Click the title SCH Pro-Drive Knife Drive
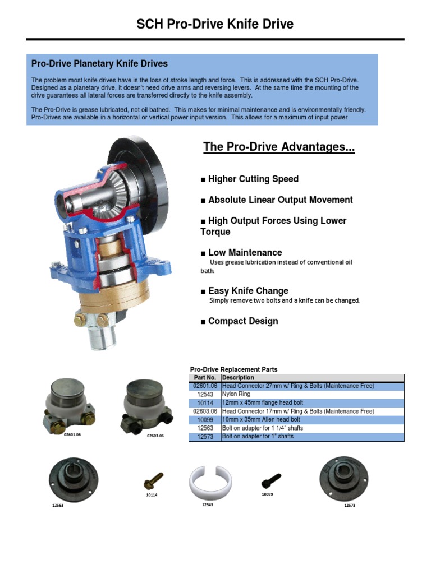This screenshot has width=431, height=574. point(215,24)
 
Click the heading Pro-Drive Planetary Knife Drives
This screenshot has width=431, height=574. point(99,64)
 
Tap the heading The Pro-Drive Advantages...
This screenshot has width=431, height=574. point(279,147)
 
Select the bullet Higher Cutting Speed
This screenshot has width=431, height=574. point(250,179)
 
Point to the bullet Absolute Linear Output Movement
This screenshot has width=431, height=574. point(277,200)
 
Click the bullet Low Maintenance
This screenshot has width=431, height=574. point(241,253)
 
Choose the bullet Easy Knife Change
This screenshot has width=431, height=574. point(245,291)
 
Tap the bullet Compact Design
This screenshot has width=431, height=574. point(239,321)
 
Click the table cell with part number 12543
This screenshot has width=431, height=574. point(205,395)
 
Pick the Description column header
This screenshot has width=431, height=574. point(238,378)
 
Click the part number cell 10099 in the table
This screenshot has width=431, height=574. point(205,419)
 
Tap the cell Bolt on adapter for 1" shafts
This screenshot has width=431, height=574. point(258,436)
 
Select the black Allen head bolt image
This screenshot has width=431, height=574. point(271,480)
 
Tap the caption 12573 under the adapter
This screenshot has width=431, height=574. point(351,506)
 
